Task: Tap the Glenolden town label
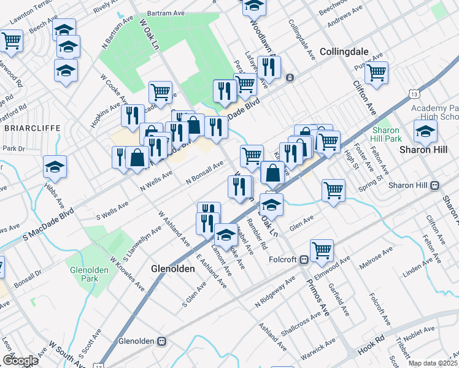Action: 173,269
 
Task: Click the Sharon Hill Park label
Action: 385,135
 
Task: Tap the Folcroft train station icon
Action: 303,259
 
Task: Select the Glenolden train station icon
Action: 162,341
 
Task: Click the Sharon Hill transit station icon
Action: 435,185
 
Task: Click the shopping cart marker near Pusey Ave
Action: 376,72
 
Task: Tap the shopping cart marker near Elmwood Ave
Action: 322,249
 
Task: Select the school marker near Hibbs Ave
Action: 55,166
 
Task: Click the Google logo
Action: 20,360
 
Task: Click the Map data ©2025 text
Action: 433,363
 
